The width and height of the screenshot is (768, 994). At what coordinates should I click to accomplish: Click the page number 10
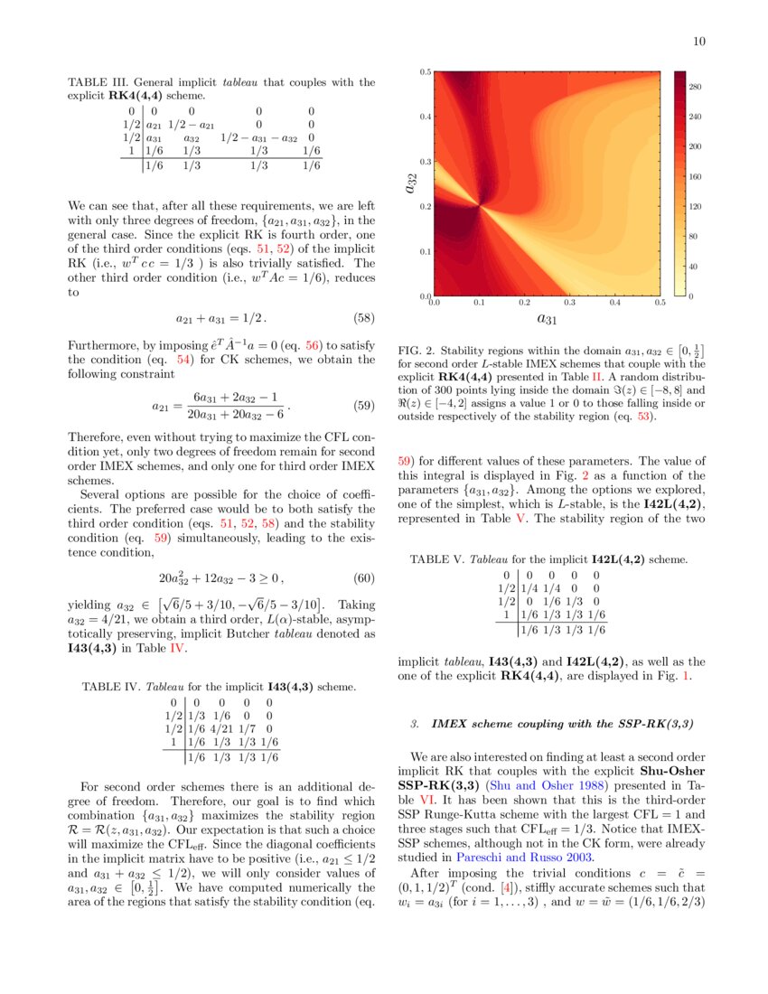pyautogui.click(x=698, y=42)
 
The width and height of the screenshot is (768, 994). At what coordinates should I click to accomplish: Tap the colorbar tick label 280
pyautogui.click(x=696, y=87)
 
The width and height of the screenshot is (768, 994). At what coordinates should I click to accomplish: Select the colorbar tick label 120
pyautogui.click(x=696, y=207)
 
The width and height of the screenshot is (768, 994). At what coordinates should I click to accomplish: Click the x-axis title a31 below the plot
pyautogui.click(x=548, y=318)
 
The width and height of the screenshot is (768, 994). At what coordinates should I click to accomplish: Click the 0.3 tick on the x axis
pyautogui.click(x=570, y=303)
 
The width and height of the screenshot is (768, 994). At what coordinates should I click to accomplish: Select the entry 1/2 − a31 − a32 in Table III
pyautogui.click(x=258, y=138)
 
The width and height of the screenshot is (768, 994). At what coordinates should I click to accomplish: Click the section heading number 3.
pyautogui.click(x=414, y=725)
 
